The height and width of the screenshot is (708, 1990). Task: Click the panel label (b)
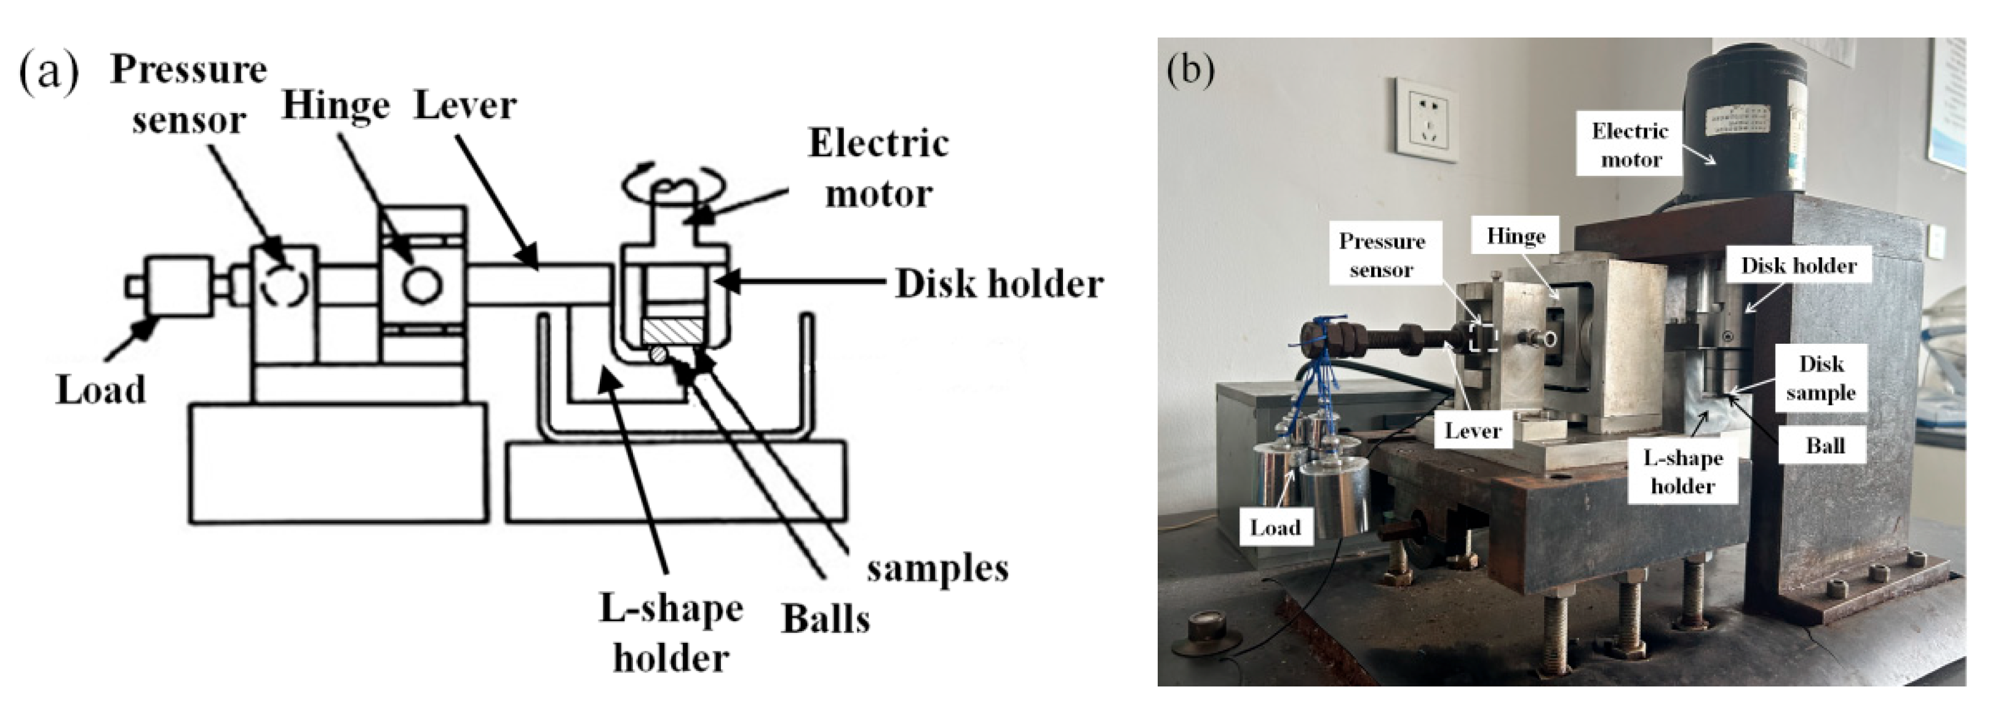1190,70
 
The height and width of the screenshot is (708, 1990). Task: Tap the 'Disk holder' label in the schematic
999,284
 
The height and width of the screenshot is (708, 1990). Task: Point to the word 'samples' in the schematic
937,569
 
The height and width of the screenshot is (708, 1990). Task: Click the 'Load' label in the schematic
100,389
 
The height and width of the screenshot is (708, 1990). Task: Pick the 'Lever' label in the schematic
465,106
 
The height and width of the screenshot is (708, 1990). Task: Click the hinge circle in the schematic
422,284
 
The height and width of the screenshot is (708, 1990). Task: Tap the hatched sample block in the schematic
672,333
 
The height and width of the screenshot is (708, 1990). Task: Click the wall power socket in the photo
1426,120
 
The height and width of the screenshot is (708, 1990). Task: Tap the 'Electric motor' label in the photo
1630,145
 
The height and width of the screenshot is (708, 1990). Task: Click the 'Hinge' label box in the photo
1516,236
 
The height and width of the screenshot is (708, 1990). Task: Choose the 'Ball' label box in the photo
1825,445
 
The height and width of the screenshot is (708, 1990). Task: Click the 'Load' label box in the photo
1275,528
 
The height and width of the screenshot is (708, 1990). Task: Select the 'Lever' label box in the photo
1473,431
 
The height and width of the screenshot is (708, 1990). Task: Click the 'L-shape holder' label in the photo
1682,472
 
